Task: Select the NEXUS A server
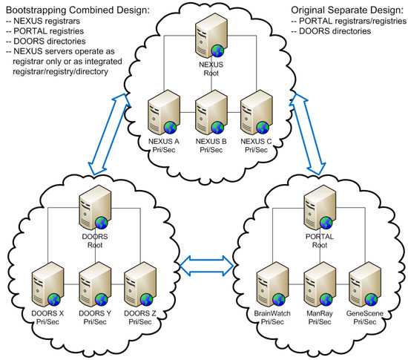[x=163, y=112]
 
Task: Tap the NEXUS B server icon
[x=211, y=112]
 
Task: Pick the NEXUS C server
[x=257, y=112]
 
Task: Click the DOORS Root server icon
[x=95, y=207]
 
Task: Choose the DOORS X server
[x=47, y=284]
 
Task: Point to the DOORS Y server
[x=95, y=284]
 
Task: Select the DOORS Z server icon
[x=140, y=284]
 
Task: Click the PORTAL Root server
[x=320, y=207]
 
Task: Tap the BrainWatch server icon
[x=272, y=284]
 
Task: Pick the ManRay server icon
[x=320, y=284]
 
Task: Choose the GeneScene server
[x=365, y=284]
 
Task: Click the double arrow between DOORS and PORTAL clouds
[x=206, y=266]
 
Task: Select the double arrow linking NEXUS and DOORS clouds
[x=109, y=134]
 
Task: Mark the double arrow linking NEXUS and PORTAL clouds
[x=307, y=134]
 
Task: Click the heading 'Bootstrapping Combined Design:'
[x=78, y=10]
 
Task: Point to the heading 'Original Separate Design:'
[x=347, y=10]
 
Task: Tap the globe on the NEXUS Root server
[x=217, y=50]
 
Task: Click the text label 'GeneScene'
[x=365, y=313]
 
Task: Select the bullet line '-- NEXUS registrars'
[x=43, y=21]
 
